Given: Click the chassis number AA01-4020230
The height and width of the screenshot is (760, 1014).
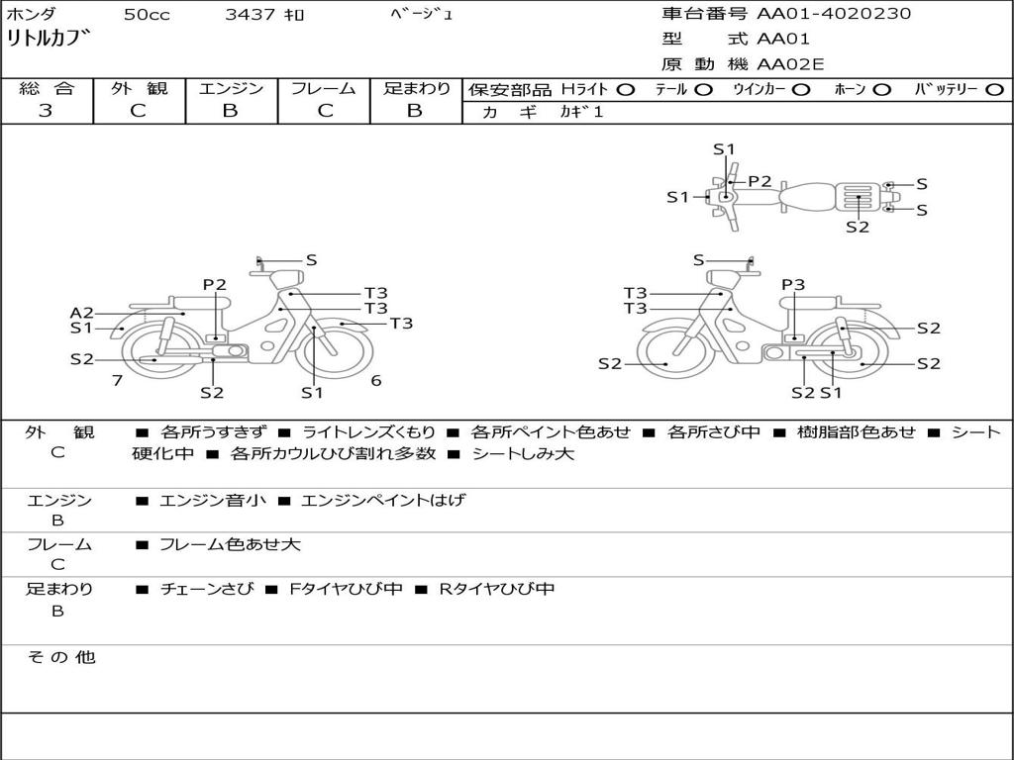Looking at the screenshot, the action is point(834,14).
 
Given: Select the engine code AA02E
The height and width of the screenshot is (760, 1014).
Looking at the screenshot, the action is point(790,64).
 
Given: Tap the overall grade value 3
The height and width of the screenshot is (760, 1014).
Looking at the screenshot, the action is point(46,111).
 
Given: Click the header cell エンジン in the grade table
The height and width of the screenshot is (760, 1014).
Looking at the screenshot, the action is point(231,88).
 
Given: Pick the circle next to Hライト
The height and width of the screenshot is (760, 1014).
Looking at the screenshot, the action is point(626,90).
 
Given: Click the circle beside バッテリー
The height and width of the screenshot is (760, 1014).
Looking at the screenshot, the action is point(994,90).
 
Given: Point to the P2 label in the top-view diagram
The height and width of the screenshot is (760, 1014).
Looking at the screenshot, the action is point(760,182).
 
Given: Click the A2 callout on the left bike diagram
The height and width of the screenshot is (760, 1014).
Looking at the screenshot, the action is point(82,314).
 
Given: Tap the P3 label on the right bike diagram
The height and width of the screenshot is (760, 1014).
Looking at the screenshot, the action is point(793,284).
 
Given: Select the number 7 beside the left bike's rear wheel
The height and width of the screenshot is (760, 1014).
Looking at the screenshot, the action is point(117,381).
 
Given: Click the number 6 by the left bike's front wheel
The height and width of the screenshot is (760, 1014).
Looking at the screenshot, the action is point(376,381).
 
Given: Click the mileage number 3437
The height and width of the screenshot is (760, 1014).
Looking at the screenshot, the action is point(250,14).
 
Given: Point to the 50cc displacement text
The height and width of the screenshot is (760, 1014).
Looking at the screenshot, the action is point(147,14).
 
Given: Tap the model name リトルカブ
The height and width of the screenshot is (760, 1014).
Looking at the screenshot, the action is point(48,39).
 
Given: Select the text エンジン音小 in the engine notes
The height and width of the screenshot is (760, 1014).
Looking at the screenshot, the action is point(213,500).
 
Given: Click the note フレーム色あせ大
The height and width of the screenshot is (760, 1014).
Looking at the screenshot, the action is point(230,544).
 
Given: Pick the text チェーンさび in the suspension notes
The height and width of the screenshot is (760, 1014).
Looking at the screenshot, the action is point(207,589).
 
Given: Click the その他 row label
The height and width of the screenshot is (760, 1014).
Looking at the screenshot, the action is point(60,657).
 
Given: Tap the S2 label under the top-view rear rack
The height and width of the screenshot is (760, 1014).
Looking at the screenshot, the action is point(858,227).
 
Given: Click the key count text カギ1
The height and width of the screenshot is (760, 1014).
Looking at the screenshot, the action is point(582,112).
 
